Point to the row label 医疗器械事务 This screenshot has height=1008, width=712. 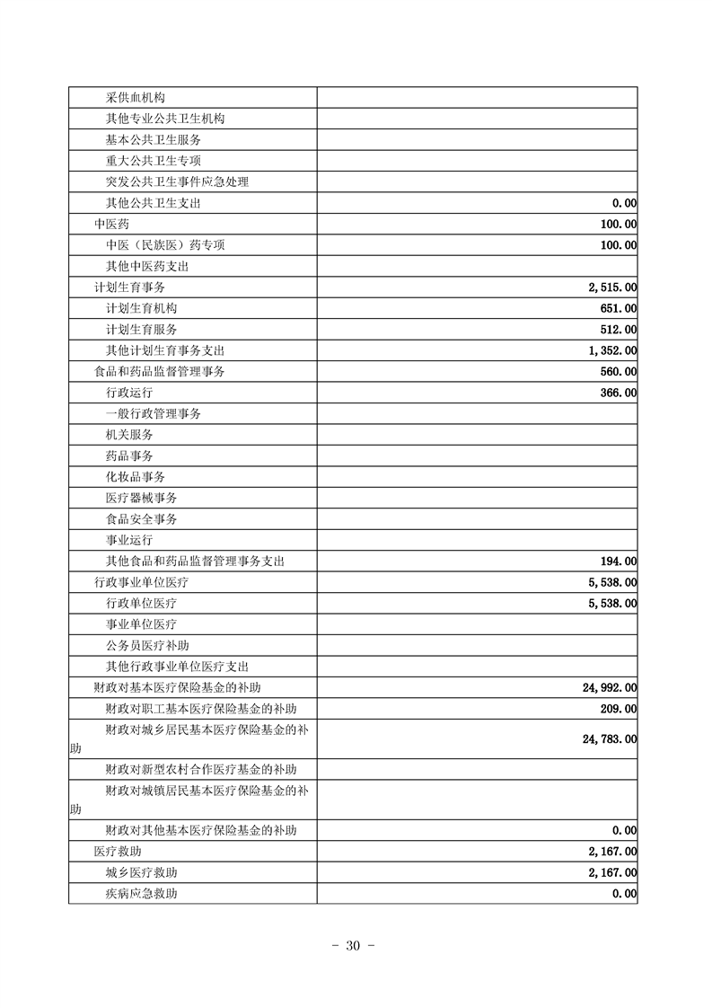pos(141,498)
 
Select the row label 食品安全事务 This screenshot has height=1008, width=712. pos(141,518)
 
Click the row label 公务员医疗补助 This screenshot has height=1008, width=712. pos(147,645)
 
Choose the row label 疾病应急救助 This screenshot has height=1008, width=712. pos(141,894)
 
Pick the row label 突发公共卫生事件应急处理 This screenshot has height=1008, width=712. pos(177,181)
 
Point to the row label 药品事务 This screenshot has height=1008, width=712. pos(129,455)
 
